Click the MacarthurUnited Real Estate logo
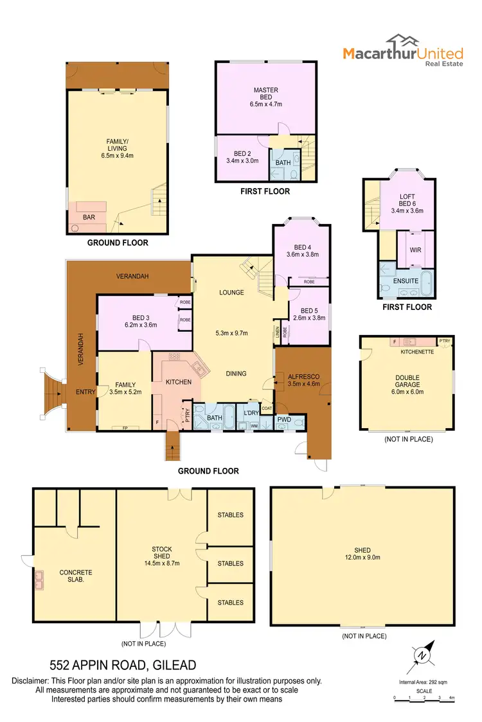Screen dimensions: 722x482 pyautogui.click(x=402, y=49)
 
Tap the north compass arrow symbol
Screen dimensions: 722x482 pyautogui.click(x=422, y=654)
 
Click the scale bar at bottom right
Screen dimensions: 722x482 pyautogui.click(x=424, y=698)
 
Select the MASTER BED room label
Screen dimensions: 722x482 pyautogui.click(x=265, y=94)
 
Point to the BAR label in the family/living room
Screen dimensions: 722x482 pyautogui.click(x=89, y=218)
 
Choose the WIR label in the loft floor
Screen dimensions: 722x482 pyautogui.click(x=415, y=250)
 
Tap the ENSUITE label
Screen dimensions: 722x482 pyautogui.click(x=406, y=280)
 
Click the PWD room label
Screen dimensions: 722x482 pyautogui.click(x=284, y=420)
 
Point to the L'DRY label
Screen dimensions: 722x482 pyautogui.click(x=250, y=412)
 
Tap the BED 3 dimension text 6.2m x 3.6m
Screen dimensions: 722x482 pyautogui.click(x=140, y=325)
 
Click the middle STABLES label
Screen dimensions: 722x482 pyautogui.click(x=230, y=563)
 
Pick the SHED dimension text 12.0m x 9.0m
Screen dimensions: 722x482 pyautogui.click(x=362, y=558)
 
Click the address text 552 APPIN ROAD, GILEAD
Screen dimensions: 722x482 pyautogui.click(x=123, y=666)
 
